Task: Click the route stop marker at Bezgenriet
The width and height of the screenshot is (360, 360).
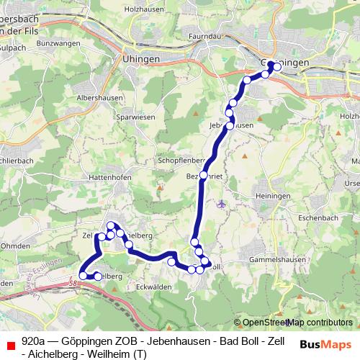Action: [x=204, y=175]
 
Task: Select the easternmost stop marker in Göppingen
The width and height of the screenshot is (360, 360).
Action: [x=277, y=68]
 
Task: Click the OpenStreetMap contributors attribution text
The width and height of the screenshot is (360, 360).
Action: [x=297, y=322]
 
